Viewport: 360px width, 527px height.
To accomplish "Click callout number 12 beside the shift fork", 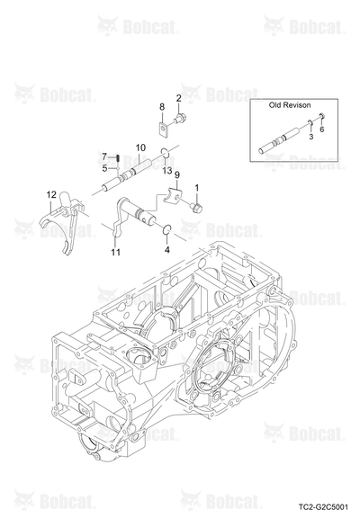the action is [x=51, y=194].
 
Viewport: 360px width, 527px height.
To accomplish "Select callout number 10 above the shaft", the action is [x=140, y=147].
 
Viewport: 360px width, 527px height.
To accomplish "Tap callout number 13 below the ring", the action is [x=166, y=171].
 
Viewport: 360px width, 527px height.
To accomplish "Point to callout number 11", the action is [x=116, y=252].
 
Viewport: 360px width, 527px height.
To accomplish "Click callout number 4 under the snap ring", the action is [x=167, y=250].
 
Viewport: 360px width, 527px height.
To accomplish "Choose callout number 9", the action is [x=177, y=174].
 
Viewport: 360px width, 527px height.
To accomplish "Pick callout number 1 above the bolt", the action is [x=197, y=188].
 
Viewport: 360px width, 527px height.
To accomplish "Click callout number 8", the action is [x=162, y=107].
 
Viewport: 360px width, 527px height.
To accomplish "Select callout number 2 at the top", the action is [x=179, y=98].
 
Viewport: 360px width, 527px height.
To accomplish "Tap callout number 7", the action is [x=104, y=156].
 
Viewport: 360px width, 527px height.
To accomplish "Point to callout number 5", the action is [x=104, y=168].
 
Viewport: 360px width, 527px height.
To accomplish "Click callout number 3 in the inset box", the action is [x=310, y=137].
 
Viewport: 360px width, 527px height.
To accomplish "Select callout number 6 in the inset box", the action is [x=321, y=130].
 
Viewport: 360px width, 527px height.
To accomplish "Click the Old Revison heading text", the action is [x=290, y=105].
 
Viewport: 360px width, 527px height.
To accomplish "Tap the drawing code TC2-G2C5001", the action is [x=323, y=506].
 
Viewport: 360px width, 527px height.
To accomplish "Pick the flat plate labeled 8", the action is [x=164, y=130].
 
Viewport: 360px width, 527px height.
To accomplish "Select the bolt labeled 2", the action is [x=180, y=119].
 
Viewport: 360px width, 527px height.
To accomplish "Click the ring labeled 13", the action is [x=165, y=153].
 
